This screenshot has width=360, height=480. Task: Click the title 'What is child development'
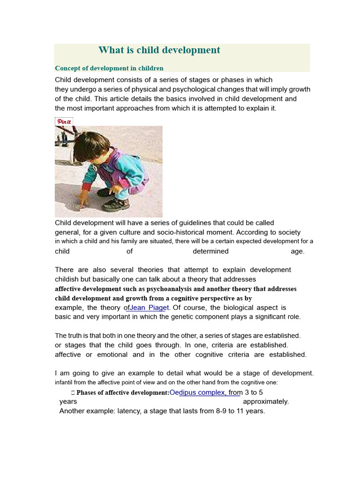coord(159,50)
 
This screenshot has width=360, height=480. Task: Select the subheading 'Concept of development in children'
coord(109,68)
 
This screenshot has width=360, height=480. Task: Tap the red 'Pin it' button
coord(64,121)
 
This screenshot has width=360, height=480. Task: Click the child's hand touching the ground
coord(83,201)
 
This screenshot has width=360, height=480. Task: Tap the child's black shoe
coord(115,204)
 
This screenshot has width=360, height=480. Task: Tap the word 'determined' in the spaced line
coord(210,251)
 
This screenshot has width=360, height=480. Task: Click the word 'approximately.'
coord(266,402)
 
